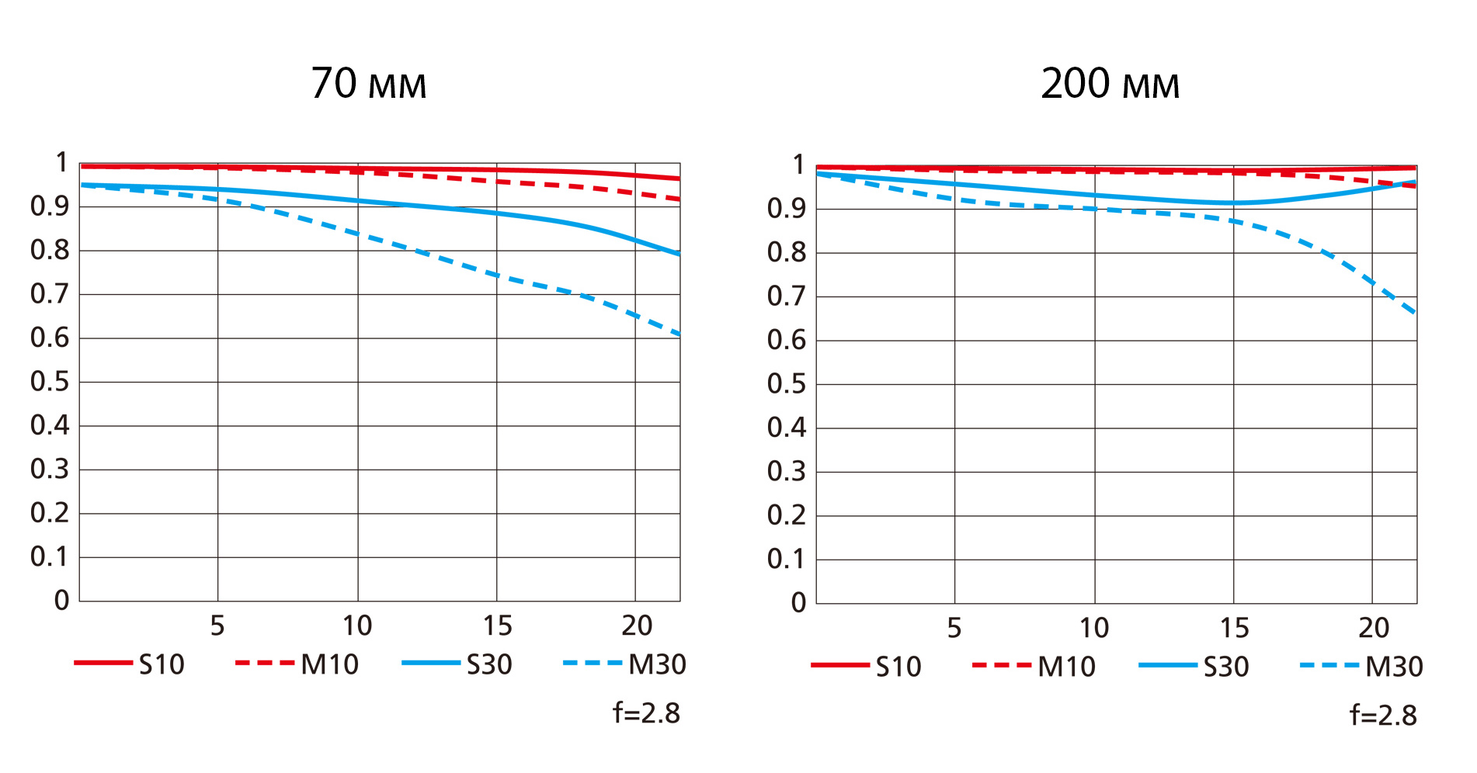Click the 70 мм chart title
(x=369, y=84)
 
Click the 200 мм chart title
(x=1110, y=84)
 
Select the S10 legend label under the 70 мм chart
(x=162, y=664)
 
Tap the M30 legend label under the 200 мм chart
(x=1394, y=667)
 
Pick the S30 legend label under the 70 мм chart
(x=489, y=664)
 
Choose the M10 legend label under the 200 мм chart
(x=1066, y=667)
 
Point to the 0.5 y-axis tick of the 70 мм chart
(x=50, y=382)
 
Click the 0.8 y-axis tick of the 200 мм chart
(x=787, y=252)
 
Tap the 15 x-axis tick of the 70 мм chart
(x=497, y=626)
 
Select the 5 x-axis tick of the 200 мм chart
(x=954, y=628)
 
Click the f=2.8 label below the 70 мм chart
(x=646, y=712)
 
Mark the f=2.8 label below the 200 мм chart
(x=1383, y=715)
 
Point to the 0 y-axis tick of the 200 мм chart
(x=798, y=603)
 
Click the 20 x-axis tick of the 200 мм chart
(x=1373, y=628)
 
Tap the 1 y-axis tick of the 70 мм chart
(x=61, y=163)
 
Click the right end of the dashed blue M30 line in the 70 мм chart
(x=679, y=335)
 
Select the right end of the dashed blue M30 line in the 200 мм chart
(x=1415, y=313)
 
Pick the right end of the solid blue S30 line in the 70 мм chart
(x=679, y=254)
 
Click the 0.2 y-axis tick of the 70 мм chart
(x=50, y=513)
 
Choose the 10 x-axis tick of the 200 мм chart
(x=1094, y=628)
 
